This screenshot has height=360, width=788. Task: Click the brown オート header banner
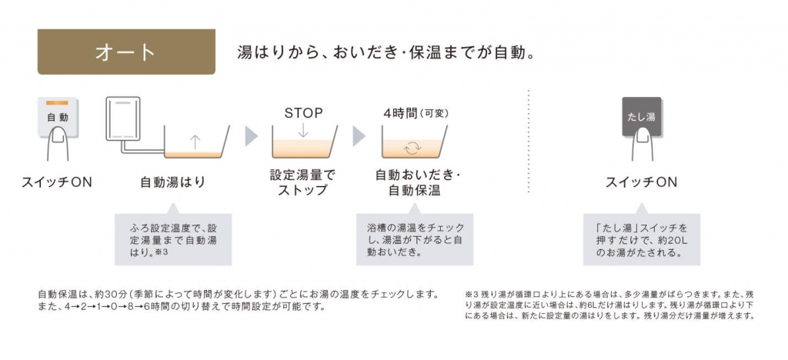tap(125, 52)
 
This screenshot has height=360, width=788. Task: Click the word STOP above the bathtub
tap(303, 113)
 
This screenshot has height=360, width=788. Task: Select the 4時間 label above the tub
tap(400, 113)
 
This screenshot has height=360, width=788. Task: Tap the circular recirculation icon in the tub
tap(413, 148)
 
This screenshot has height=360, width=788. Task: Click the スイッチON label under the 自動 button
tap(57, 182)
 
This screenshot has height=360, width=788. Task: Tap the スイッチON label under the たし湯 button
tap(641, 182)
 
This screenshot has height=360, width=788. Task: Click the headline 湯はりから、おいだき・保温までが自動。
tap(386, 53)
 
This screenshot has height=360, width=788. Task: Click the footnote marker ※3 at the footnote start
tap(472, 294)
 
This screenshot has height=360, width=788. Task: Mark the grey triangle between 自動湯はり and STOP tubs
tap(251, 136)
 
